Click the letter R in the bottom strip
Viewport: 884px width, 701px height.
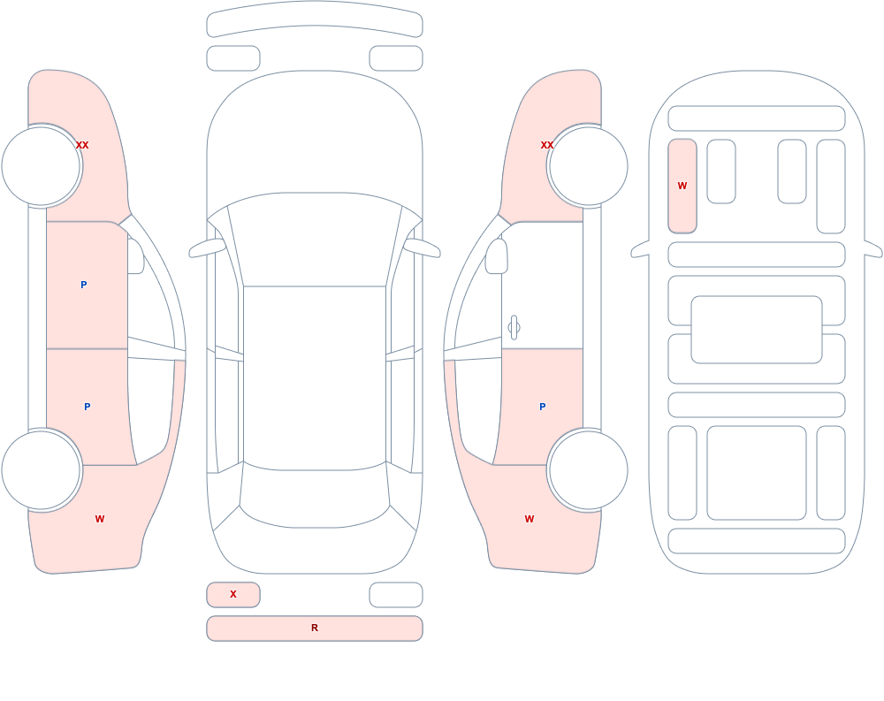[x=315, y=628]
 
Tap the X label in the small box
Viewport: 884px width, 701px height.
[x=232, y=594]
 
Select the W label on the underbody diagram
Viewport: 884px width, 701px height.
[x=682, y=186]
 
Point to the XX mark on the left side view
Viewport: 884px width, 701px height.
[x=82, y=145]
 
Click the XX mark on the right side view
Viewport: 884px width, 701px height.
[x=547, y=145]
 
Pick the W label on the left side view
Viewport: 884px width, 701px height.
[x=100, y=519]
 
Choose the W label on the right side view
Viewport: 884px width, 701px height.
[x=530, y=519]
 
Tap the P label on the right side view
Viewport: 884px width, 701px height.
[x=543, y=407]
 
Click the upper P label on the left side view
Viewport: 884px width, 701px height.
[x=83, y=285]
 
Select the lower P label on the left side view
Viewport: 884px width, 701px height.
[x=87, y=407]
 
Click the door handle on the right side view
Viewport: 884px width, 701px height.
[x=514, y=328]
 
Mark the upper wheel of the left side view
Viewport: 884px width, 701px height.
[x=42, y=166]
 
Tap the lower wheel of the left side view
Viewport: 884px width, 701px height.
[x=42, y=469]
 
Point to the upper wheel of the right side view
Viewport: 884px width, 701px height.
[x=588, y=166]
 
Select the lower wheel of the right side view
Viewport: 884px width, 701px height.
[x=588, y=469]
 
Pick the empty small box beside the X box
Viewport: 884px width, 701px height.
[x=396, y=595]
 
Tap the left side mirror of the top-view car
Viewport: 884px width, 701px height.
[x=206, y=248]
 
